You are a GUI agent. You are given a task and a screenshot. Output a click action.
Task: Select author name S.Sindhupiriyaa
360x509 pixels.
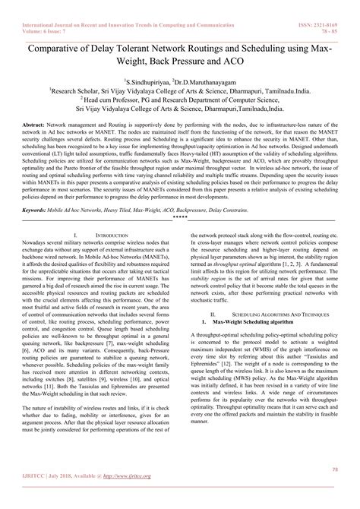(x=147, y=79)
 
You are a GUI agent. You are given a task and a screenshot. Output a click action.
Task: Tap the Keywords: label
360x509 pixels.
(x=38, y=206)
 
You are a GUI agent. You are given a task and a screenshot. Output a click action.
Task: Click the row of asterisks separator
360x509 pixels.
(x=180, y=215)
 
